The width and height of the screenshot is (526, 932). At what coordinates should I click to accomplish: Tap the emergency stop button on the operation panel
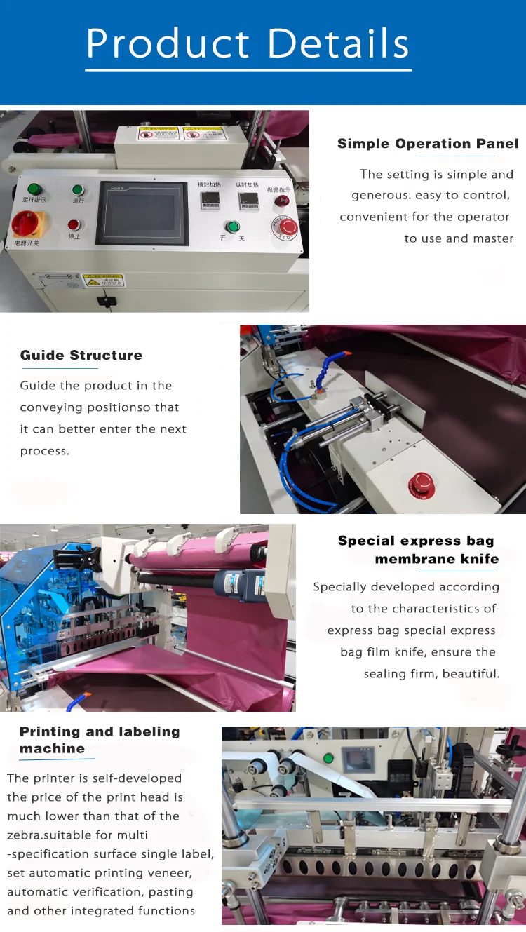(x=288, y=227)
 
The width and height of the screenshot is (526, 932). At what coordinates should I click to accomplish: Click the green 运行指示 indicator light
(x=33, y=189)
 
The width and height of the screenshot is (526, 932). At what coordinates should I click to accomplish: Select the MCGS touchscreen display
(x=144, y=213)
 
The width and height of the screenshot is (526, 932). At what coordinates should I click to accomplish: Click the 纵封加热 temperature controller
(x=247, y=201)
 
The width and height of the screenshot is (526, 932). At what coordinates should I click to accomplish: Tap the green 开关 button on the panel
(x=231, y=227)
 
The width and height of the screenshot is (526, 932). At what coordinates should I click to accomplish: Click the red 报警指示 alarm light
(x=283, y=200)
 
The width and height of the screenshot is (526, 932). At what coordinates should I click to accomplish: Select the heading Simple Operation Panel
(x=428, y=144)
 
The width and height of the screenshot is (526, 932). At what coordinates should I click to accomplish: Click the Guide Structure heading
(x=81, y=355)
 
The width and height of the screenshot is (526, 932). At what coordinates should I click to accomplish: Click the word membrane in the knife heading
(x=417, y=559)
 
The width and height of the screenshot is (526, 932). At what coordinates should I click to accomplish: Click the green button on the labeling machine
(x=328, y=758)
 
